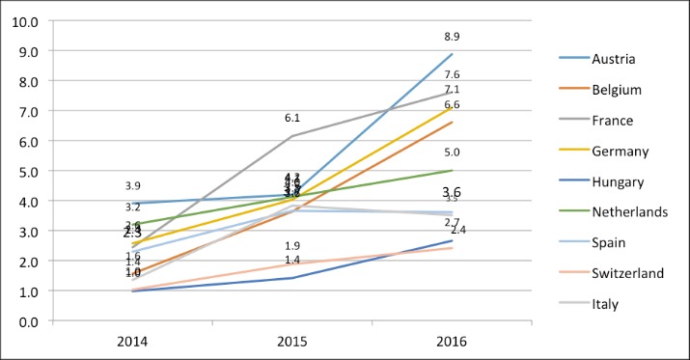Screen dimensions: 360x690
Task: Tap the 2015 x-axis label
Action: (293, 340)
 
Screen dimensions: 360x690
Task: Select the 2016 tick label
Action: (452, 340)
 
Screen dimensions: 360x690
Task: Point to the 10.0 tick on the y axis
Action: (25, 21)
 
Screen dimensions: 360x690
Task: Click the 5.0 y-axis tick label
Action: (28, 171)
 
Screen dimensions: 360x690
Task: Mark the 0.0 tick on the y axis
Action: (28, 320)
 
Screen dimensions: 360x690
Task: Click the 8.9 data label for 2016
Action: (452, 36)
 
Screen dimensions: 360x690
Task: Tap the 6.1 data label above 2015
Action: (292, 118)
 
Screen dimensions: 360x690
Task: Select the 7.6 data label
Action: (452, 74)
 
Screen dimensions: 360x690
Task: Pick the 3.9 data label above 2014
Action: (134, 185)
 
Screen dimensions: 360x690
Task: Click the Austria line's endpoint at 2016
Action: (452, 54)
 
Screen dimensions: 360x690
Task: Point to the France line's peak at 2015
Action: (293, 137)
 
